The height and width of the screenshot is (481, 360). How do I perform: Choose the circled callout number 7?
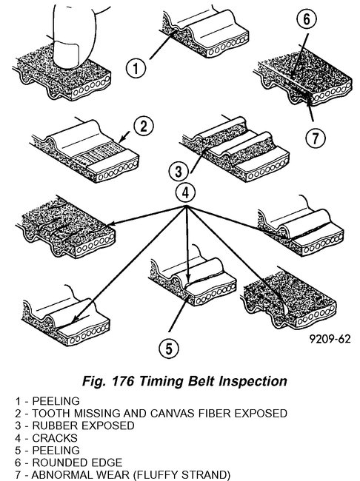[316, 137]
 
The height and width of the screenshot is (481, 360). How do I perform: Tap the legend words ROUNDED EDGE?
[62, 460]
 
